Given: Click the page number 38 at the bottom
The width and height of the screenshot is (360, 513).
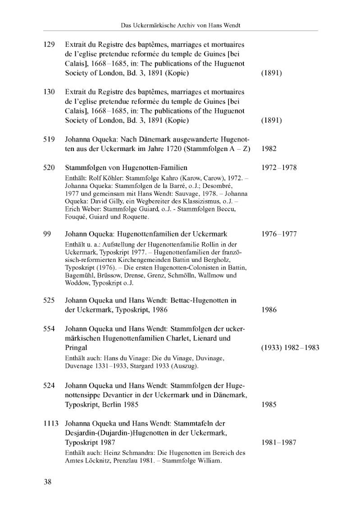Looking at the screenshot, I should (48, 482).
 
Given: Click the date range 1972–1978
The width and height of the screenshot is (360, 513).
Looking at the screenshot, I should (279, 168).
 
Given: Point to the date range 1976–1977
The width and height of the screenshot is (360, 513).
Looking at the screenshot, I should (279, 234).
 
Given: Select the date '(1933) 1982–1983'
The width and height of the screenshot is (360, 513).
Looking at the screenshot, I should (290, 348).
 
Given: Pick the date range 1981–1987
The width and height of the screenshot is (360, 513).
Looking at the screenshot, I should (279, 442).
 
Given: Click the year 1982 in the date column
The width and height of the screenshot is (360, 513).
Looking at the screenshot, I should (269, 149).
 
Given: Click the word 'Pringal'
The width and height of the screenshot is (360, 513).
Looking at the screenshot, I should (76, 348).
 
